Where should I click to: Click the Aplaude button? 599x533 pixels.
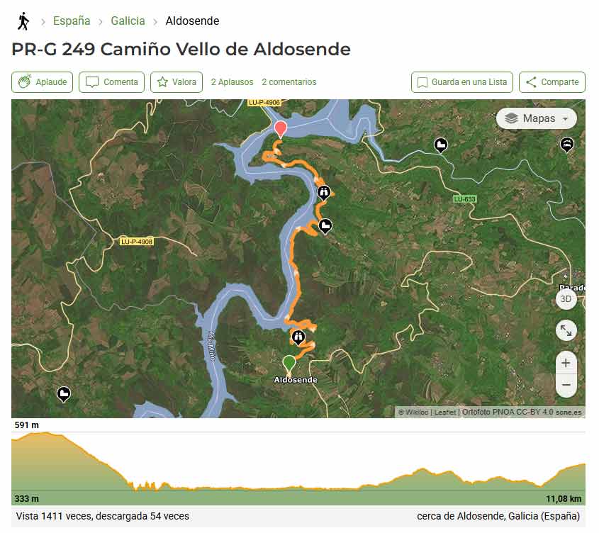point(43,82)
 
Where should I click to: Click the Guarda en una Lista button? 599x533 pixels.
point(462,82)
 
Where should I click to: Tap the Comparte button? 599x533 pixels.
point(552,82)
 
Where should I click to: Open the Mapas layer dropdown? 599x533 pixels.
point(536,118)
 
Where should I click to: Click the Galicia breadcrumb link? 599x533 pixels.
point(128,21)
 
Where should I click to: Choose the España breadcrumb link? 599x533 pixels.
point(72,21)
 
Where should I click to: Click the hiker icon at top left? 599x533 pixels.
point(23,21)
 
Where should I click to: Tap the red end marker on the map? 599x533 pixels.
point(281,128)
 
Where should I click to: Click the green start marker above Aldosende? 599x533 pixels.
point(289,363)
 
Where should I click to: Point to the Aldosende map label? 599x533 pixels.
point(296,380)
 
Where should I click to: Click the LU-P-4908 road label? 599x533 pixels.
point(136,242)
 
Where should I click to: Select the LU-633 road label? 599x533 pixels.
point(464,199)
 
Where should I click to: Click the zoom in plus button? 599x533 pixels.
point(565,363)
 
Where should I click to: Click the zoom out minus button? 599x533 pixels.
point(565,385)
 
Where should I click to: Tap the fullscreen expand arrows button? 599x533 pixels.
point(565,330)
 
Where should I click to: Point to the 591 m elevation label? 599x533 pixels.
point(27,425)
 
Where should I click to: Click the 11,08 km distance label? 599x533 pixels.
point(563,498)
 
